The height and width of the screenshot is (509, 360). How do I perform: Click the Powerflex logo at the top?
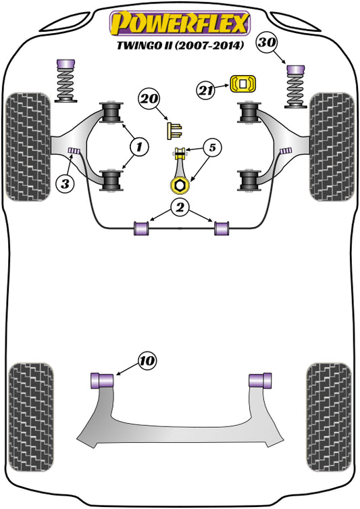[x=180, y=22]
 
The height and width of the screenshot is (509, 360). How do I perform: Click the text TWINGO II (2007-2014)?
[x=180, y=47]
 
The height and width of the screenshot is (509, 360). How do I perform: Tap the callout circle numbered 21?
[x=207, y=89]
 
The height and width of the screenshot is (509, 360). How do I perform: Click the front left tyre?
[x=28, y=147]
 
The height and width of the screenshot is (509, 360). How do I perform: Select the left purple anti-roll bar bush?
[x=143, y=228]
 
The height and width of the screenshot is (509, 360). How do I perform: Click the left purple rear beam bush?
[x=101, y=380]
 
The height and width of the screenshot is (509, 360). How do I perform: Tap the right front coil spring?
[x=295, y=91]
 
